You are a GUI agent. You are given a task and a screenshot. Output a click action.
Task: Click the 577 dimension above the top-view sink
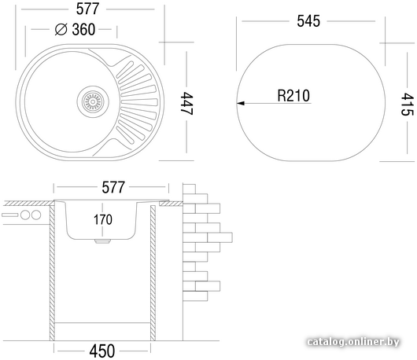tap(87, 9)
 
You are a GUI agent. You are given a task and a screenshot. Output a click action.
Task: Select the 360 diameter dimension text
tap(83, 30)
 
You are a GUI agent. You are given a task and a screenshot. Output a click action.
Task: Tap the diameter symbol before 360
tap(61, 29)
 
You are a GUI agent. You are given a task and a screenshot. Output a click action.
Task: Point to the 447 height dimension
tap(187, 103)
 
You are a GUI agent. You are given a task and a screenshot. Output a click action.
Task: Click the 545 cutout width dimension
tap(308, 21)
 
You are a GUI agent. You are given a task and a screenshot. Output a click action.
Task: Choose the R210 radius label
tap(293, 96)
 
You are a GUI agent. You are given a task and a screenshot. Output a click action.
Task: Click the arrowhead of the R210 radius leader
tap(241, 103)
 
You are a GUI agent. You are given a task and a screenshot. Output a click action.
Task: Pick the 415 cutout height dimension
tap(407, 104)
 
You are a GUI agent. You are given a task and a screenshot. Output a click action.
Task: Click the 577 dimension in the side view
tap(113, 187)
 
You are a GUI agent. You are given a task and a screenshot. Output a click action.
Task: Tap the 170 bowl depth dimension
tap(102, 220)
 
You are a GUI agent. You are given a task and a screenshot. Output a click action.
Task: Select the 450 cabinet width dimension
tap(102, 351)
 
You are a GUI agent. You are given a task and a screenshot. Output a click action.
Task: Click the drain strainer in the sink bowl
tap(93, 101)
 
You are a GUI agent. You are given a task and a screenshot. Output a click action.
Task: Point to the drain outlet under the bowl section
tap(102, 241)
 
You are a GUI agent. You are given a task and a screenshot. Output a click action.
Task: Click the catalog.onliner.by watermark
tap(353, 342)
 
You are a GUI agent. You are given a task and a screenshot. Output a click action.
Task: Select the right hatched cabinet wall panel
tap(153, 273)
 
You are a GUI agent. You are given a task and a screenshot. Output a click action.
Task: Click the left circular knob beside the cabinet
tap(25, 215)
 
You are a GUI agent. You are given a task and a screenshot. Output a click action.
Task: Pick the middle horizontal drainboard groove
tap(139, 101)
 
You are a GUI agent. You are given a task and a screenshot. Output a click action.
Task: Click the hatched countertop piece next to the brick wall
tap(171, 204)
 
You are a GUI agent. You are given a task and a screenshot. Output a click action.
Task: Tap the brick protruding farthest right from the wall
tap(220, 237)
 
